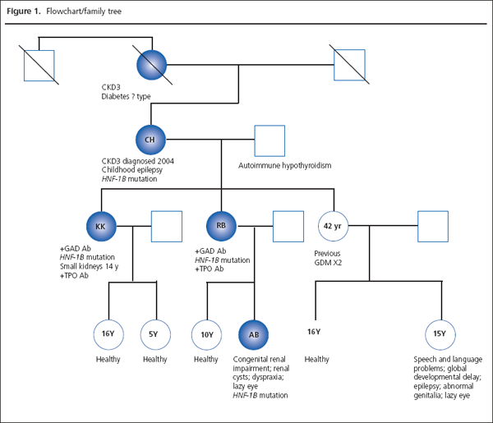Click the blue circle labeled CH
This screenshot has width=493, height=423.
point(150,140)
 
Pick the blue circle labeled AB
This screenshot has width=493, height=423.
point(254,334)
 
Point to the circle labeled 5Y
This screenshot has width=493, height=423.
point(154,334)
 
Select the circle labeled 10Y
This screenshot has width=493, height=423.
point(206,334)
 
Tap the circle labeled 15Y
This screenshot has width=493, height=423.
point(439,334)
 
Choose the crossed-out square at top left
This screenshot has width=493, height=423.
point(38,65)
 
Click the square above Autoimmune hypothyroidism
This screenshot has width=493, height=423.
point(269,140)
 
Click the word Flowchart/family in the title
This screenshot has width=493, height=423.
point(74,10)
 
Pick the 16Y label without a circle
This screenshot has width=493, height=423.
point(313,332)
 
